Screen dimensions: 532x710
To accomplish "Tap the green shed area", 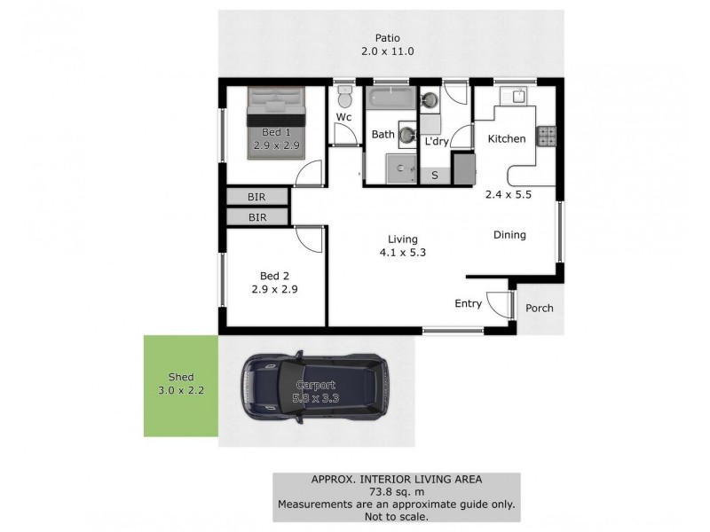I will (x=180, y=386).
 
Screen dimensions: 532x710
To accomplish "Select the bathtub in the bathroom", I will (x=390, y=99).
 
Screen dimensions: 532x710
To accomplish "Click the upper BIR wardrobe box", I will (x=256, y=197).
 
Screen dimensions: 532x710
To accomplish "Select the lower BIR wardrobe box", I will (x=256, y=217).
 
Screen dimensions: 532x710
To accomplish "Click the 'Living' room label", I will (x=402, y=239).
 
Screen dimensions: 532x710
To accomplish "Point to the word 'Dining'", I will (x=509, y=235).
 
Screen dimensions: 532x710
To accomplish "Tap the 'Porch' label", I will (x=539, y=309).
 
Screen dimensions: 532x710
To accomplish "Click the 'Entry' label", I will (x=468, y=304).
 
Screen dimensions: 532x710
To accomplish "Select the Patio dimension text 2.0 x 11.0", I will (x=388, y=52).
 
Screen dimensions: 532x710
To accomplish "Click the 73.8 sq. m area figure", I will (x=396, y=492).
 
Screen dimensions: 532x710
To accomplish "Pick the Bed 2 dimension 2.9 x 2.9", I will (x=272, y=289).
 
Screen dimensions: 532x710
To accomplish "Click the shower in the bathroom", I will (x=401, y=167).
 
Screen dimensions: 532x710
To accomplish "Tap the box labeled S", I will (x=435, y=176).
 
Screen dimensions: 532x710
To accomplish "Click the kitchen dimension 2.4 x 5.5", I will (x=507, y=195).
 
